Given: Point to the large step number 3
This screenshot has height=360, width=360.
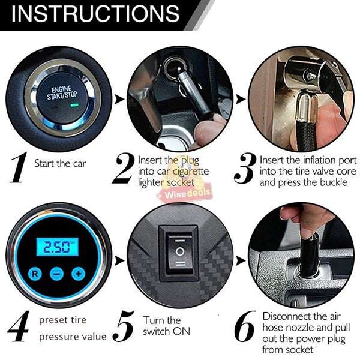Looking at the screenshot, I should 244,168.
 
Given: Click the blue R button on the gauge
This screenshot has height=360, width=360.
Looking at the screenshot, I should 36,274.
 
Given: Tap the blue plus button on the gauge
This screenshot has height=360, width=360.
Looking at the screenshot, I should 77,274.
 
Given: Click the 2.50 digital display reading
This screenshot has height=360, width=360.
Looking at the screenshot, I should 56,247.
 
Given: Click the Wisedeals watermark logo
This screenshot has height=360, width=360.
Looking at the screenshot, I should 178,195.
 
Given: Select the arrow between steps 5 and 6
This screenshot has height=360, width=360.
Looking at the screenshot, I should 241,260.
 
